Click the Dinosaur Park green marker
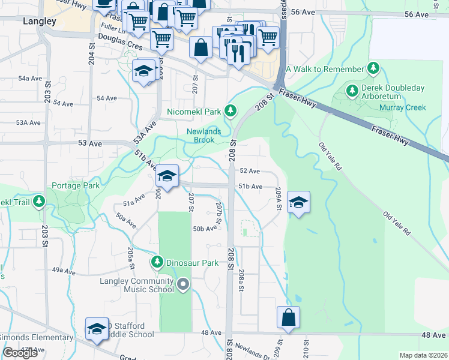click(157, 262)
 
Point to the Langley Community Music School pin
click(183, 284)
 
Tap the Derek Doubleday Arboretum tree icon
click(352, 92)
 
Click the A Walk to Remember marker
click(374, 69)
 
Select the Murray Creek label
click(402, 108)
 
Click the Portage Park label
click(76, 185)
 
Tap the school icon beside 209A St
click(298, 202)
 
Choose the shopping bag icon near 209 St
click(288, 317)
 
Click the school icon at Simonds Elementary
click(97, 329)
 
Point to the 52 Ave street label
click(250, 171)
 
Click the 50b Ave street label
click(204, 229)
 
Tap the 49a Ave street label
click(64, 271)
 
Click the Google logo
click(21, 353)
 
